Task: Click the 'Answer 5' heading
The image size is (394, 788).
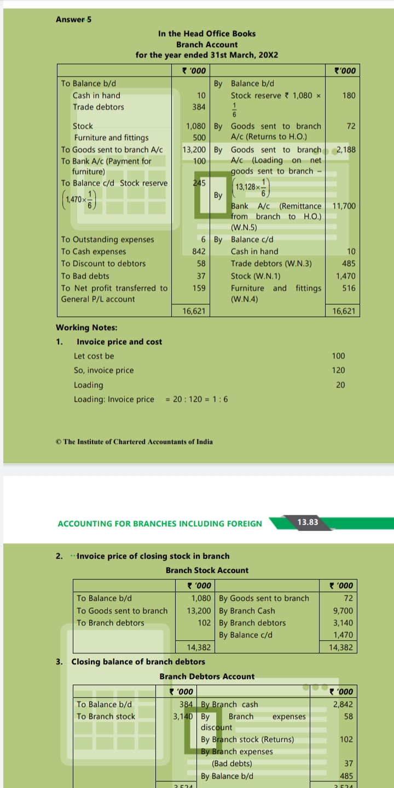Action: pos(74,20)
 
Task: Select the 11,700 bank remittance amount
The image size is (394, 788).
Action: pos(344,206)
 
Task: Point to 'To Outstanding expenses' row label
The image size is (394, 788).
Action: pos(107,239)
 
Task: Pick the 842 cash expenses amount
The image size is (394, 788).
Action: pos(199,251)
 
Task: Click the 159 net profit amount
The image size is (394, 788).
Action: pos(199,288)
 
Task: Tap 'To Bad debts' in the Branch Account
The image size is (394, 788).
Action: pos(85,276)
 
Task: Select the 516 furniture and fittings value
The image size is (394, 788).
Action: pos(349,288)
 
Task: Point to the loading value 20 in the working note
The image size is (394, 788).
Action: pos(340,385)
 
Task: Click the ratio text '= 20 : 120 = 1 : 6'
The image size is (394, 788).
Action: pos(197,399)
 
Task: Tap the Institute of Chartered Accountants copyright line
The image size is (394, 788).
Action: pos(135,442)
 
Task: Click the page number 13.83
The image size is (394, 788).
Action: pos(307,522)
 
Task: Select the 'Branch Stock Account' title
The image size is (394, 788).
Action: pos(207,570)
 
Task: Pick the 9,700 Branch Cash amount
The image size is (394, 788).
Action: pos(343,611)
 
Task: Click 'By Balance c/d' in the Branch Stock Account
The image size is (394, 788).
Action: pos(246,635)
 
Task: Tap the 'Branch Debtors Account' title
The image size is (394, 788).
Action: pos(207,676)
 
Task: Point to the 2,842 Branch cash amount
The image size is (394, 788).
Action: pos(343,704)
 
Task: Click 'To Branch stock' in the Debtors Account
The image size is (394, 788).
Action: pos(106,716)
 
